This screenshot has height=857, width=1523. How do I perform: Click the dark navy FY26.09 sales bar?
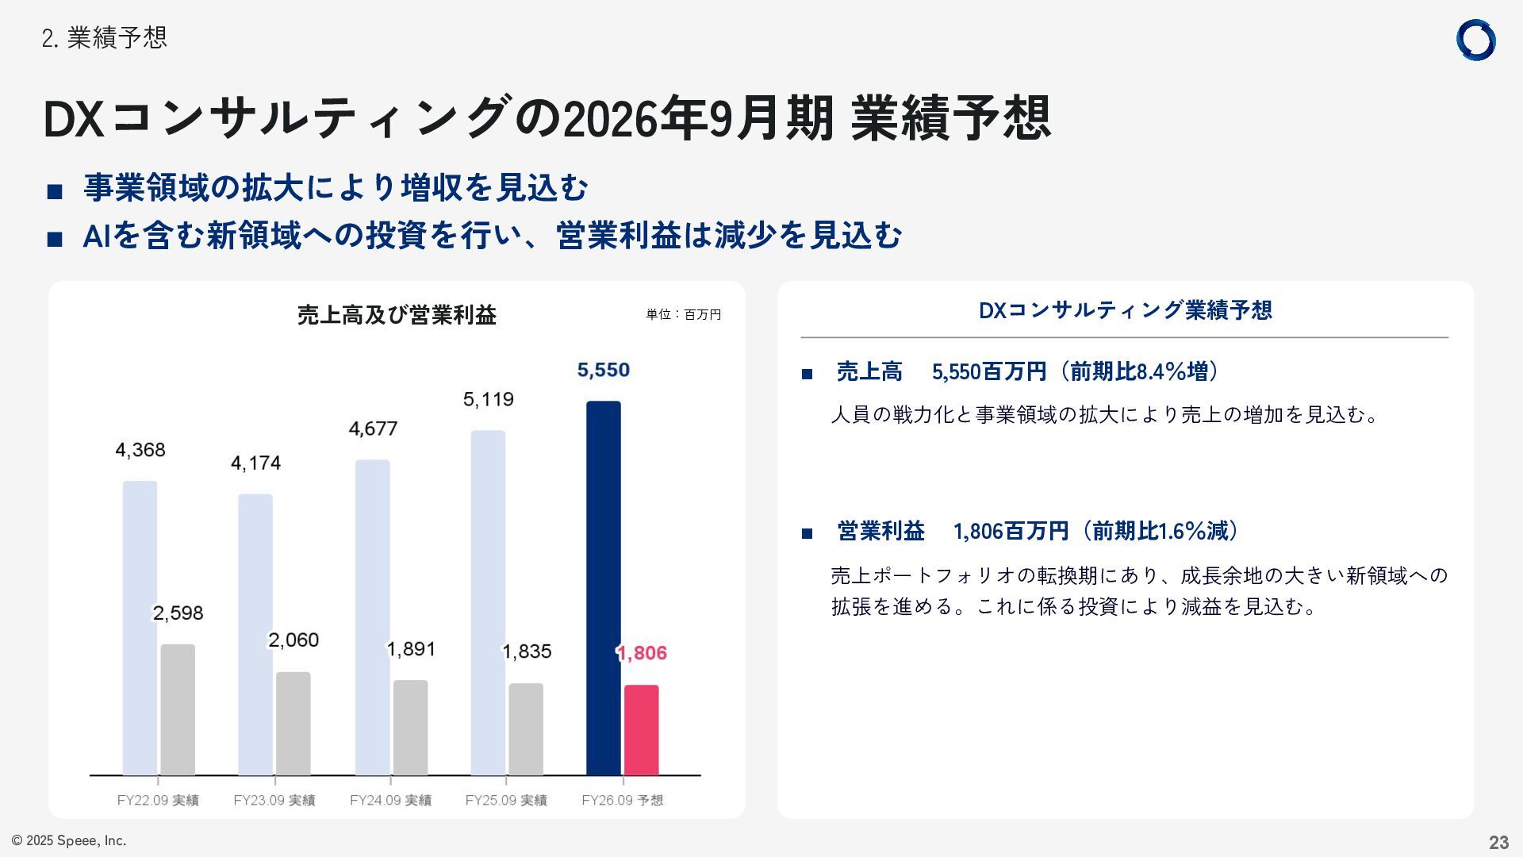click(604, 587)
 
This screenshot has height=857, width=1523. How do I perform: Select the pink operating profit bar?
click(641, 729)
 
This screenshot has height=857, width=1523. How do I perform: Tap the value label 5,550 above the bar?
click(604, 370)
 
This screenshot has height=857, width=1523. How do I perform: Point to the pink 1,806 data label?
click(642, 653)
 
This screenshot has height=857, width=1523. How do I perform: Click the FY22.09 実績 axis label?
click(158, 800)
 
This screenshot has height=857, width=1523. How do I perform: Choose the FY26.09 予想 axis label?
click(622, 800)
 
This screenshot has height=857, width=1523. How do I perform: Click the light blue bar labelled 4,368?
click(140, 627)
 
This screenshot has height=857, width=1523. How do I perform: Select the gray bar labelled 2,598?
click(178, 709)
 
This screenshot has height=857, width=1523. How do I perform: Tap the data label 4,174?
click(255, 463)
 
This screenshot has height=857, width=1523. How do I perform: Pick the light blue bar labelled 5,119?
click(488, 602)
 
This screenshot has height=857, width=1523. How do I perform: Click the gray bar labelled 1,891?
click(410, 727)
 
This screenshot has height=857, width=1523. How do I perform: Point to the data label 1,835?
click(527, 651)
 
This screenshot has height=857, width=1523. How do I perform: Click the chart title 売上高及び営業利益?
click(397, 315)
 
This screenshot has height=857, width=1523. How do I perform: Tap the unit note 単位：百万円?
click(683, 315)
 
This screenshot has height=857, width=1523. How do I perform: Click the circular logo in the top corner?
click(1475, 40)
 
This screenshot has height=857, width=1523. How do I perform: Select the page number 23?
click(1498, 842)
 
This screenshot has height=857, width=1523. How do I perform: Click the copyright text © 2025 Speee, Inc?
click(69, 840)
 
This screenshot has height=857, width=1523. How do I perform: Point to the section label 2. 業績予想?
click(104, 37)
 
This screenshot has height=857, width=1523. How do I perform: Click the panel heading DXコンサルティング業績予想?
click(1125, 310)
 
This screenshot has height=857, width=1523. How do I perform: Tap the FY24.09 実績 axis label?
click(390, 800)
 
